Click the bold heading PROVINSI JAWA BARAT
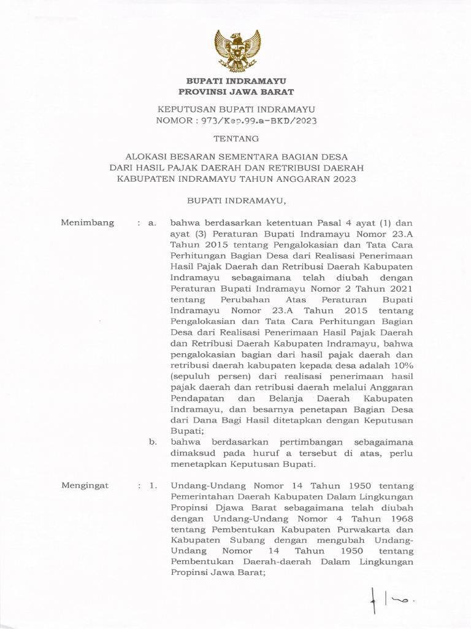(x=236, y=92)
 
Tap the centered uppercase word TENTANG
(x=236, y=139)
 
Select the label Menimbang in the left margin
(x=88, y=222)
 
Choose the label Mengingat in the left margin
(x=86, y=485)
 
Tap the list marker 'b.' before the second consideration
(x=153, y=442)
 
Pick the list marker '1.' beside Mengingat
(x=153, y=485)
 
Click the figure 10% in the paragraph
(x=403, y=366)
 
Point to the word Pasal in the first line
(x=331, y=222)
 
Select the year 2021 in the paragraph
(x=401, y=289)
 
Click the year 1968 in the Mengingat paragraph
(x=400, y=519)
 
